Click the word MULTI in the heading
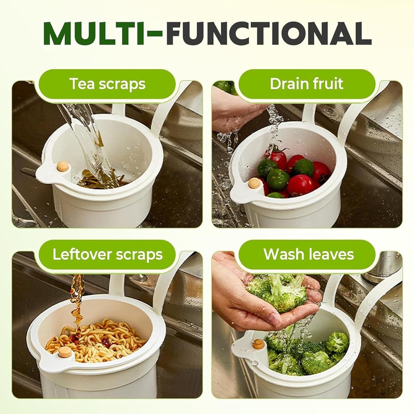tap(94, 34)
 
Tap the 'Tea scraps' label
tap(108, 84)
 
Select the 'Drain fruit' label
tap(306, 84)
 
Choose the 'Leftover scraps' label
tap(108, 255)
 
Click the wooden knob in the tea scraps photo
tap(63, 166)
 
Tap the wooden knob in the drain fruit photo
tap(254, 183)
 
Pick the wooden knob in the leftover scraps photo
tap(64, 352)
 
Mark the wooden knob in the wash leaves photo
tap(258, 344)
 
